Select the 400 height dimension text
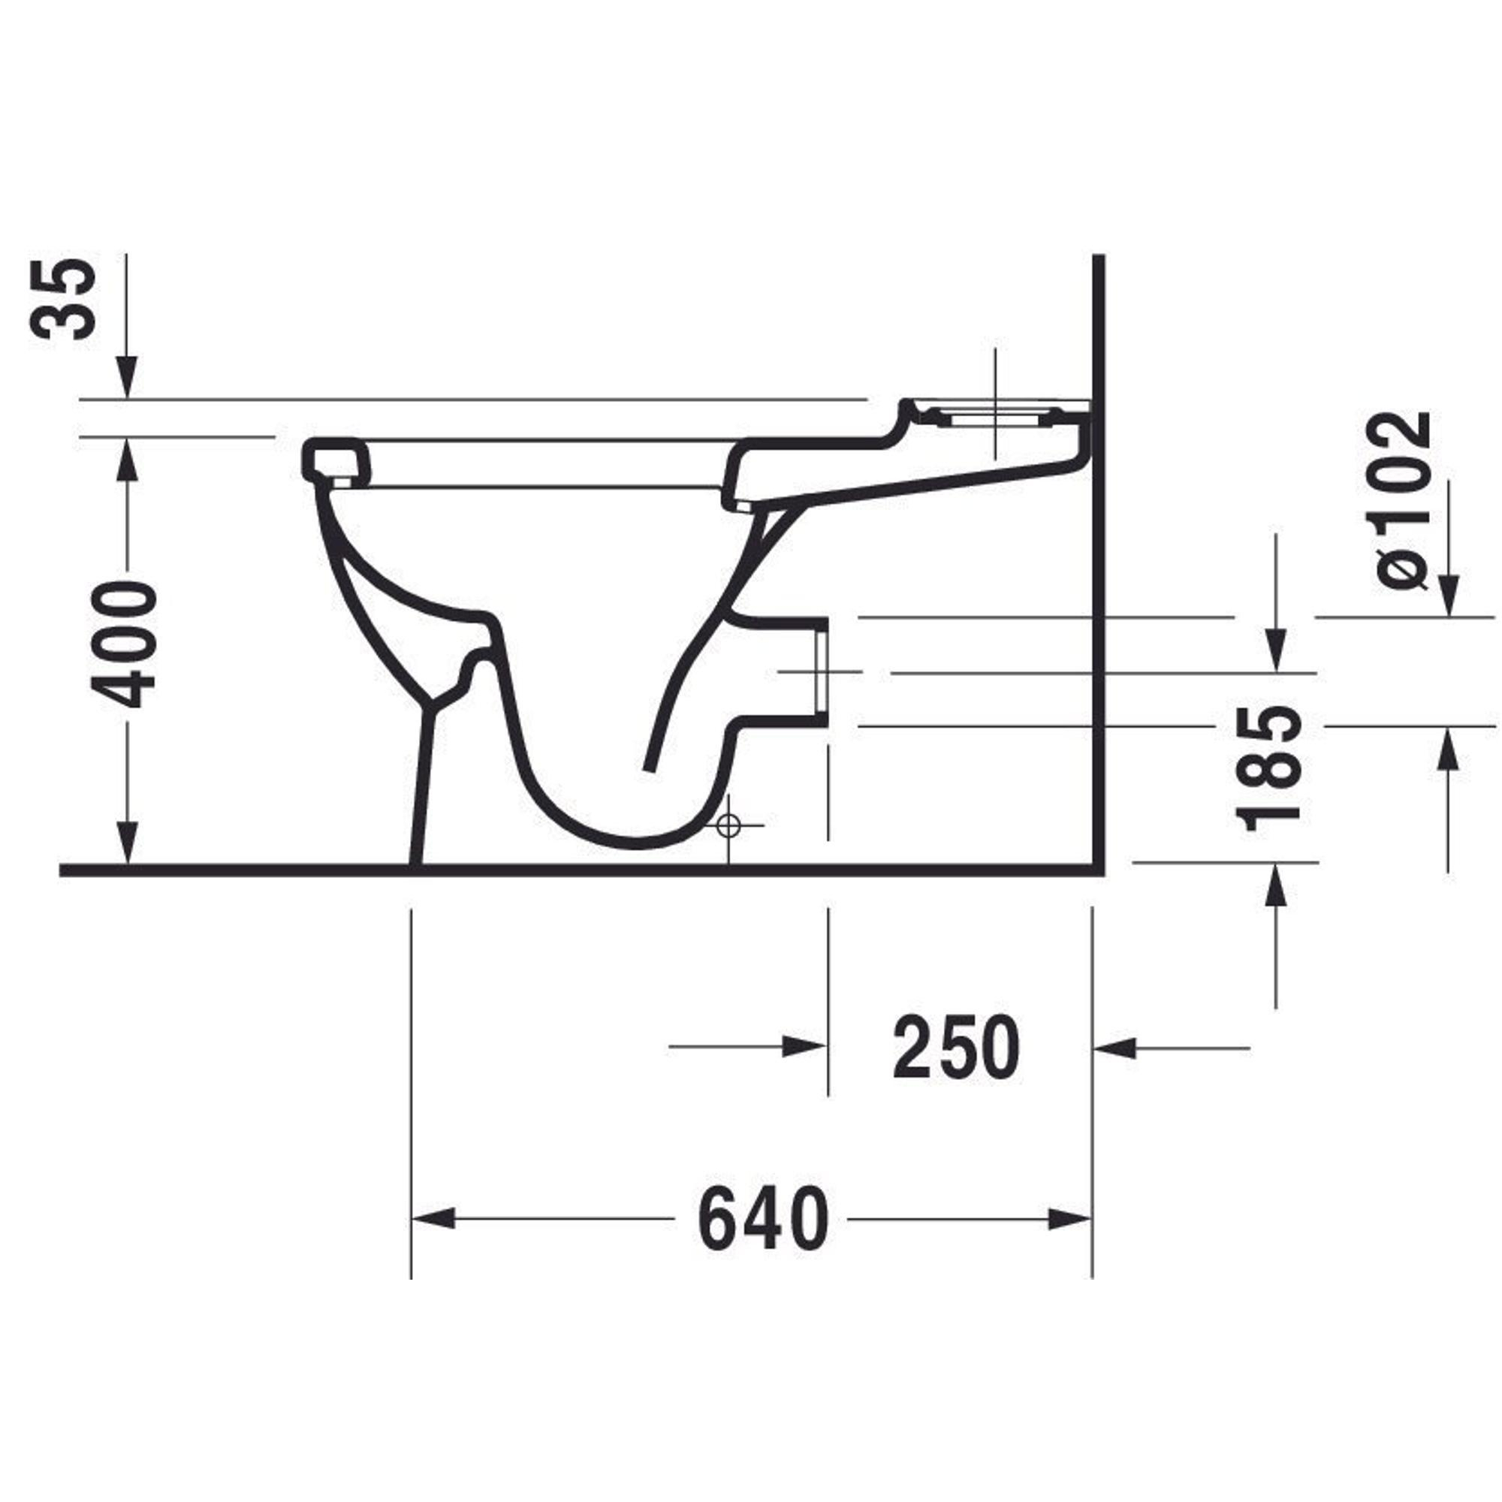point(124,647)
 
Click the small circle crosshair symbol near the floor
point(728,825)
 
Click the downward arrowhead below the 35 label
point(128,378)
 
